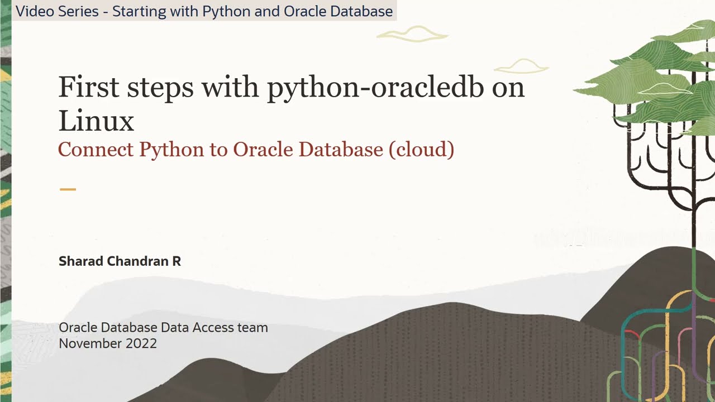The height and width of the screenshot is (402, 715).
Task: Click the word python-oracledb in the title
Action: coord(375,88)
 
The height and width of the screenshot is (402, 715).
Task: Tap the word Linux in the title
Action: coord(96,121)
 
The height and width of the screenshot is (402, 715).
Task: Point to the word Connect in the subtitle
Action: coord(96,150)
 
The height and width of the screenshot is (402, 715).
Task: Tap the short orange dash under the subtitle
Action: coord(68,189)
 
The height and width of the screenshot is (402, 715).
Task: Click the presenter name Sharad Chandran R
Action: coord(120,261)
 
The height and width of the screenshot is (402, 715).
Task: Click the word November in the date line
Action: coord(89,343)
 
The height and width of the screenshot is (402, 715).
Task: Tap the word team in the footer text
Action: coord(254,328)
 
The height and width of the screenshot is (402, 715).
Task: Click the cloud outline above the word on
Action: coord(521,67)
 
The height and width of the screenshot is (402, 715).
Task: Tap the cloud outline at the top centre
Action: coord(412,35)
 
